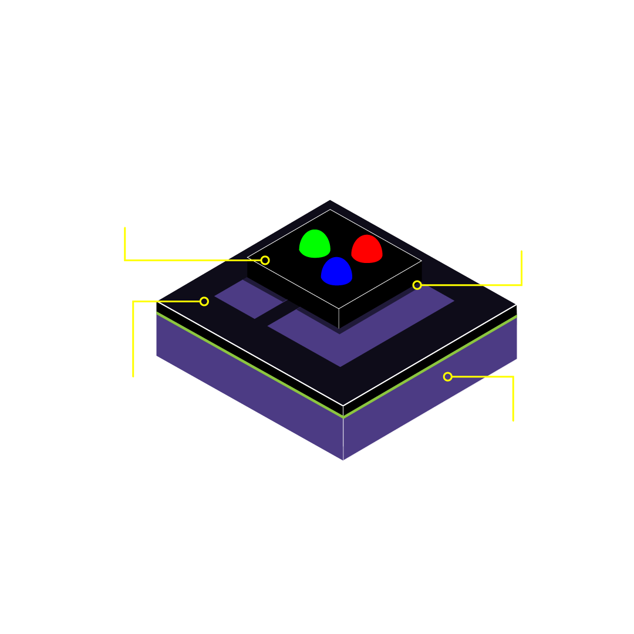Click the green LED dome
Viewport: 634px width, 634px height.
315,244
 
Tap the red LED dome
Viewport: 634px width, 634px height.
367,249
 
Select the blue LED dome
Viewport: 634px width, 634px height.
336,271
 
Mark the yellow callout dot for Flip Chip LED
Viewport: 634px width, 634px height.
265,260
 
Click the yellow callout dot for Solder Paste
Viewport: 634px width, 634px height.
417,285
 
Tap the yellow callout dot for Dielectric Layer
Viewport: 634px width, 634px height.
204,301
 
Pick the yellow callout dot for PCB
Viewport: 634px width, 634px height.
447,376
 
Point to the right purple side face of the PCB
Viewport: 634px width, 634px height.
434,399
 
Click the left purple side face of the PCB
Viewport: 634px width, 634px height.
247,393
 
